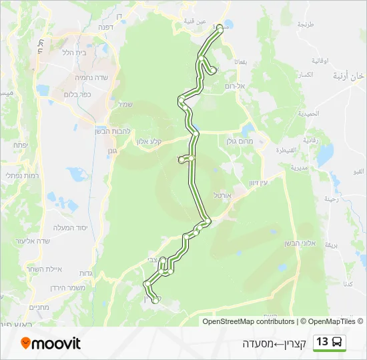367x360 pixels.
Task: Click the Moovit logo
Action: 51,343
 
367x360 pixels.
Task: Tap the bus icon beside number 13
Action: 338,343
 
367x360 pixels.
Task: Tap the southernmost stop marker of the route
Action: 155,301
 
